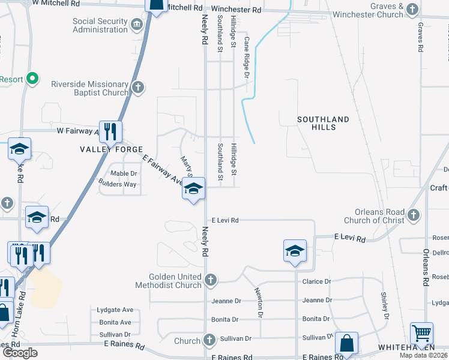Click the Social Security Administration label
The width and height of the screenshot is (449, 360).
coord(100,26)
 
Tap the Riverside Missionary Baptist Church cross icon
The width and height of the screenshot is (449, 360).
coord(137,88)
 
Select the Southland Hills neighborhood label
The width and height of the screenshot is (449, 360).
coord(323,124)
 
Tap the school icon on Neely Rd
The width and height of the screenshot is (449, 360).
coord(193,189)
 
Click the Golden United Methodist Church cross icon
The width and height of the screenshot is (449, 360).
coord(210,279)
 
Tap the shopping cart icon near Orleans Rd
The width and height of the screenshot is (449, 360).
coord(422,333)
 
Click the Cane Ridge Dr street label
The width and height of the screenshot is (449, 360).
coord(246,57)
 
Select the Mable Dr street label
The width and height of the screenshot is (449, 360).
coord(124,173)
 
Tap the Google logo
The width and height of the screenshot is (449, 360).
coord(20,353)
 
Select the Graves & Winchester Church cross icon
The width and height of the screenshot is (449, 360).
coord(412,9)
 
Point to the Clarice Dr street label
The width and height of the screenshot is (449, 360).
coord(317,281)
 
